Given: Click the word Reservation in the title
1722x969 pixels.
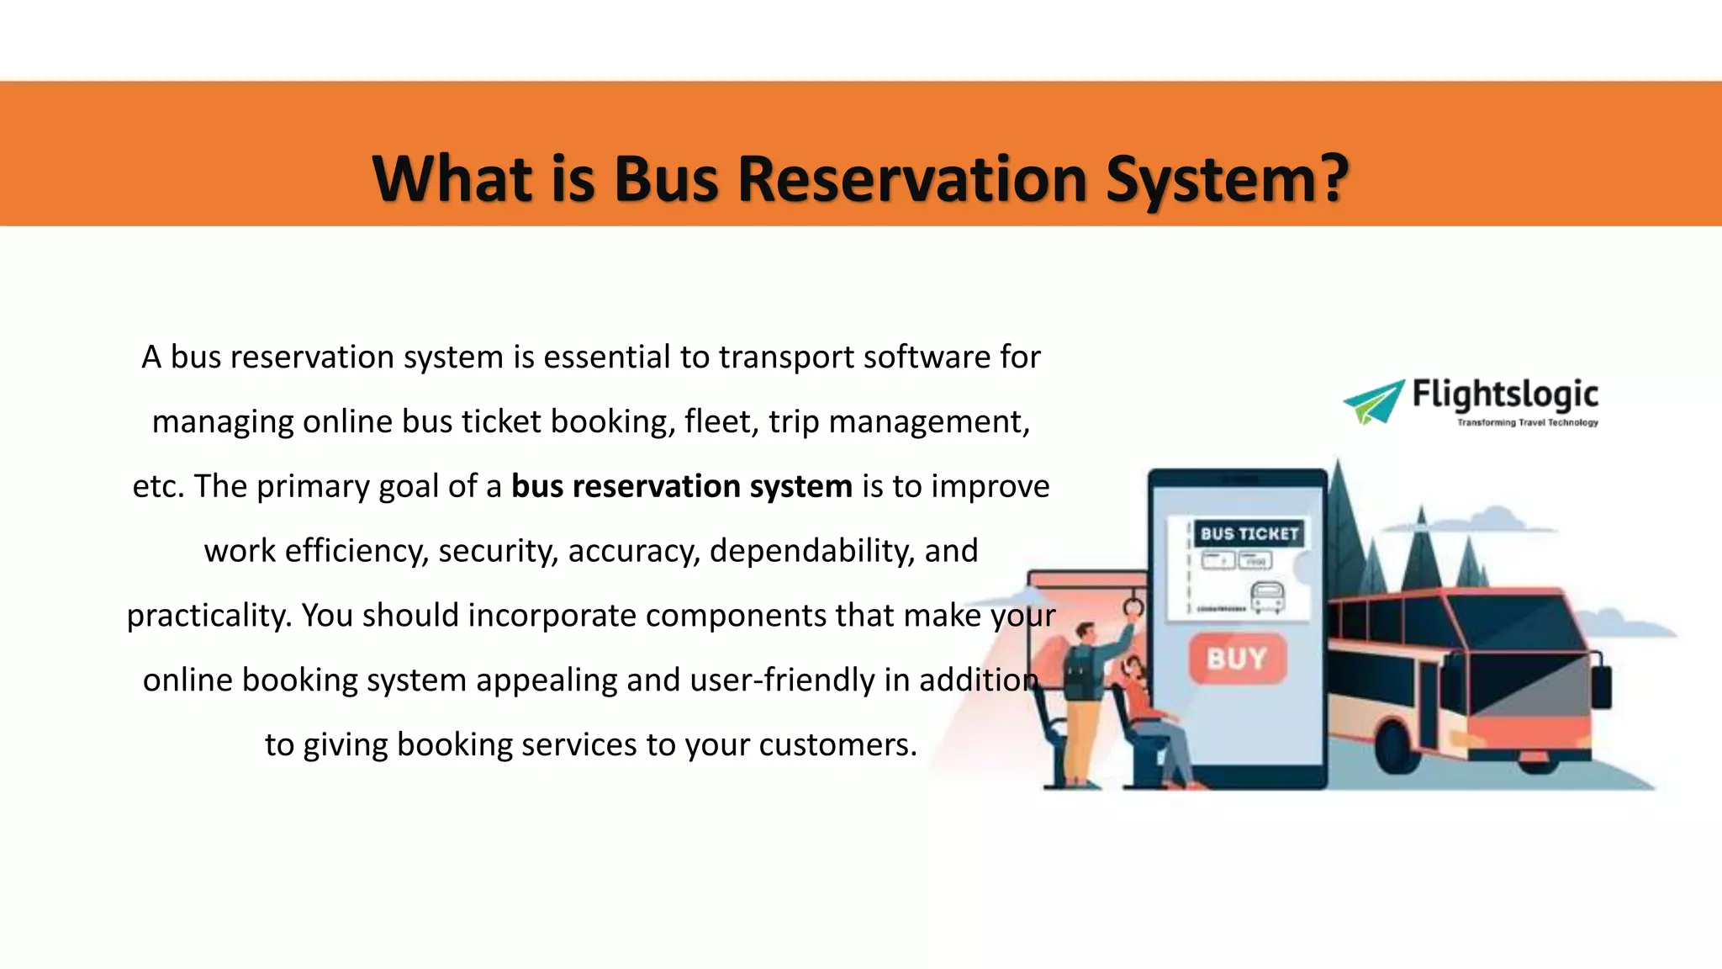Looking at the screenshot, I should tap(912, 179).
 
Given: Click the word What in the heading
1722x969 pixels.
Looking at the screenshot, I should tap(452, 179).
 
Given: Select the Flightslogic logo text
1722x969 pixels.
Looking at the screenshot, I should tap(1504, 394).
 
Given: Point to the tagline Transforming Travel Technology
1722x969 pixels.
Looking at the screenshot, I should tap(1527, 422).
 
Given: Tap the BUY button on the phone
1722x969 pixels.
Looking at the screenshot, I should tap(1237, 658).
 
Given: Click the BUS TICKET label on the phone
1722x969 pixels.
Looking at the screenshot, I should tap(1249, 533).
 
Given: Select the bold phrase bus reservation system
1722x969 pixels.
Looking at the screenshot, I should tap(681, 486).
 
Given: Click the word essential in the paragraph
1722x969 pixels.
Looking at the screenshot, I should tap(607, 357).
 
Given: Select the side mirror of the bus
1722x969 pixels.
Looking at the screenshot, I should tap(1603, 686).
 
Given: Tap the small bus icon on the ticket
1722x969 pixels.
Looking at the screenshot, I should tap(1267, 596).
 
